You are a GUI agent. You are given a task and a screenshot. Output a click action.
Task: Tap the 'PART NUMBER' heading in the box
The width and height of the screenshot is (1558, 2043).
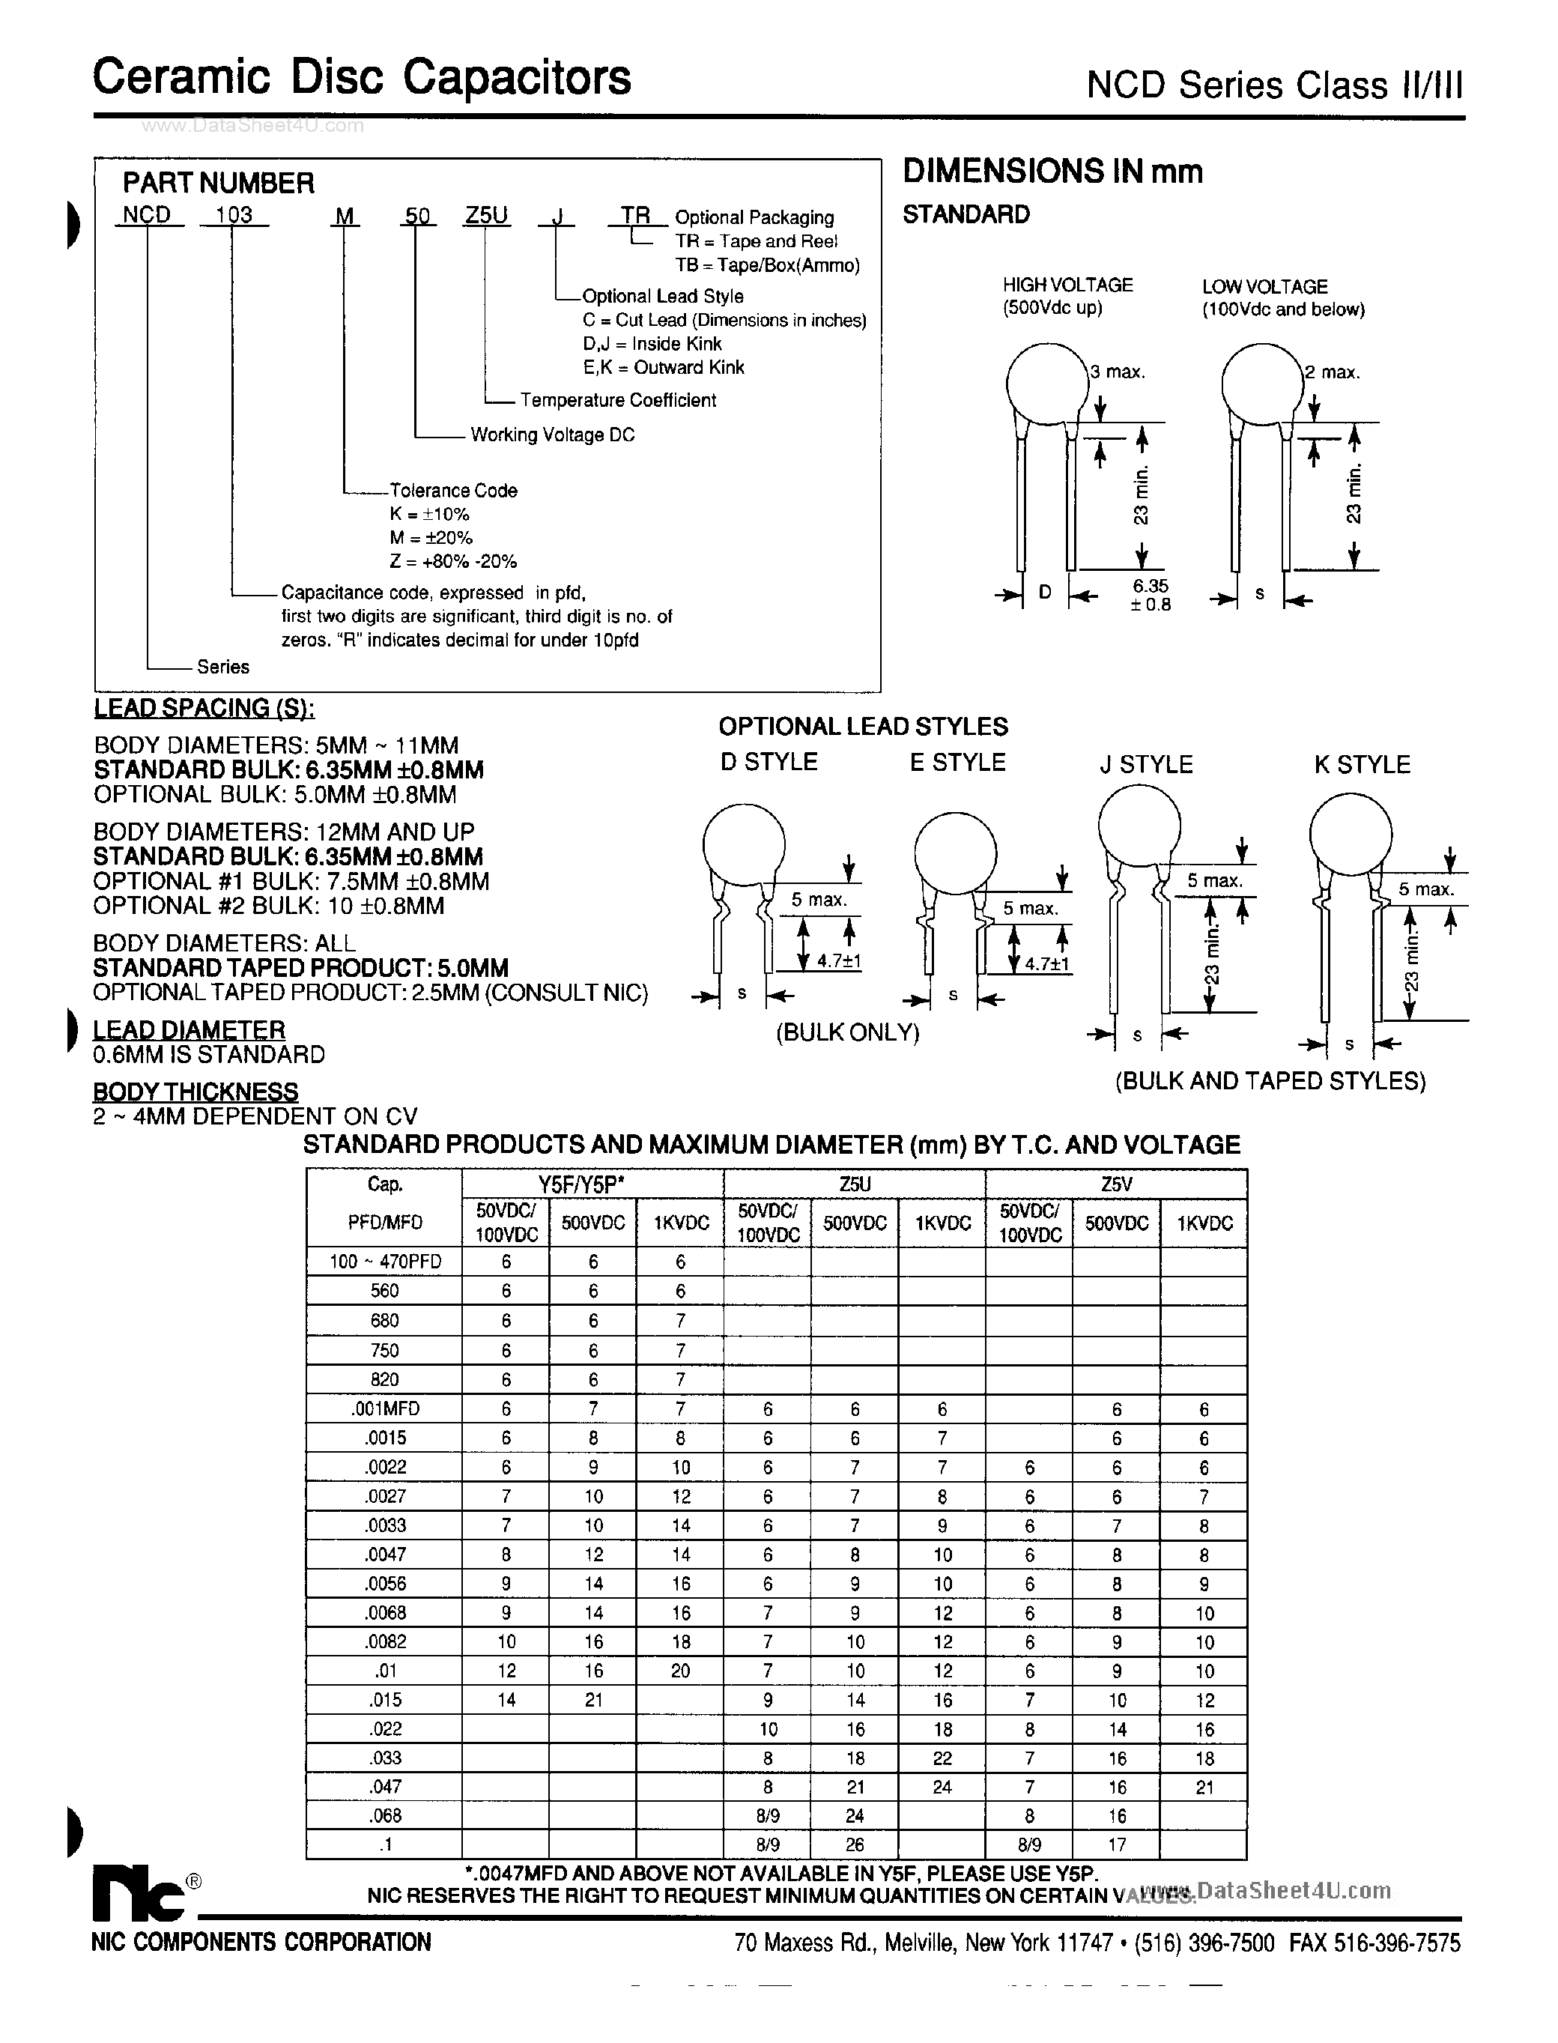point(219,183)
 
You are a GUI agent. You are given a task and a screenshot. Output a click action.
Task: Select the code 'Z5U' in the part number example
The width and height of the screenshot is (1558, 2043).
point(486,215)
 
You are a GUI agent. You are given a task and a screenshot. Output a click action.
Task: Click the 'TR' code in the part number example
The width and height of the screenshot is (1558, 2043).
point(636,215)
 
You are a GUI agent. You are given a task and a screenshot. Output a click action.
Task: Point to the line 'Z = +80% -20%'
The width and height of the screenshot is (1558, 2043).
point(452,561)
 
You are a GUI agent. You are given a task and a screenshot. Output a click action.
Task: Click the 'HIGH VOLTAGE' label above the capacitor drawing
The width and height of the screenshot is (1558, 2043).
point(1067,285)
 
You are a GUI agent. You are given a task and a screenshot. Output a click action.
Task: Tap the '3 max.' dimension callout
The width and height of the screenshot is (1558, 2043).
point(1118,372)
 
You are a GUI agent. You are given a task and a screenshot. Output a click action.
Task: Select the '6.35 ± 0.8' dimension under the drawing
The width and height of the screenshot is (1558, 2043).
point(1150,594)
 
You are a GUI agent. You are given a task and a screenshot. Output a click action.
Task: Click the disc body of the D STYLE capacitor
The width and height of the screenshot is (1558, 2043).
point(744,844)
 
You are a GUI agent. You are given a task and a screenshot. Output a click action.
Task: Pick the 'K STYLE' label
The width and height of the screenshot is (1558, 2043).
point(1362,764)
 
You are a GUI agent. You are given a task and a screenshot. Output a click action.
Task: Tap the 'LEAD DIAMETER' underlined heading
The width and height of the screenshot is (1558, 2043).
point(190,1029)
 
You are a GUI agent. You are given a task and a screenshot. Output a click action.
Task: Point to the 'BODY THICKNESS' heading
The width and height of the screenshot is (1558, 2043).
point(195,1092)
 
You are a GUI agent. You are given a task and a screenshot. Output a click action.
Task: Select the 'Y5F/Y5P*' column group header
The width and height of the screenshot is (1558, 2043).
point(592,1184)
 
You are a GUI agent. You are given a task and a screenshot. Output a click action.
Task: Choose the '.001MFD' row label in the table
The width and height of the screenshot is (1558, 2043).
point(385,1408)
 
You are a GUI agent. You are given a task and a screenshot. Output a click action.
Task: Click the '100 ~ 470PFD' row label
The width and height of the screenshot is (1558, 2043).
point(385,1261)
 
